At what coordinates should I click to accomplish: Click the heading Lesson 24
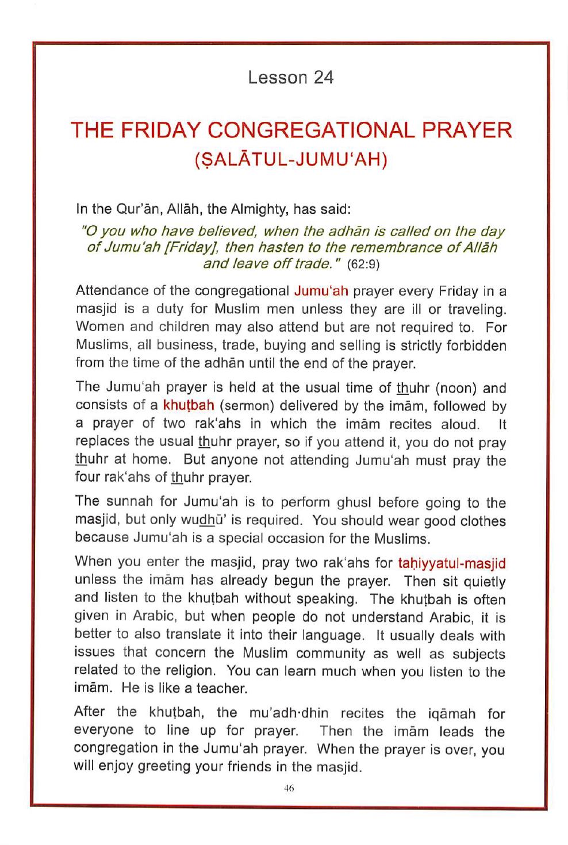(x=290, y=78)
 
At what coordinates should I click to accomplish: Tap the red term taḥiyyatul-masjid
(x=451, y=562)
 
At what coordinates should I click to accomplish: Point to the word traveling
(x=478, y=309)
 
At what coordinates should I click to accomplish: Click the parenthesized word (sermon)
(x=245, y=405)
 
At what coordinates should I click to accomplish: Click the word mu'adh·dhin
(x=288, y=713)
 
